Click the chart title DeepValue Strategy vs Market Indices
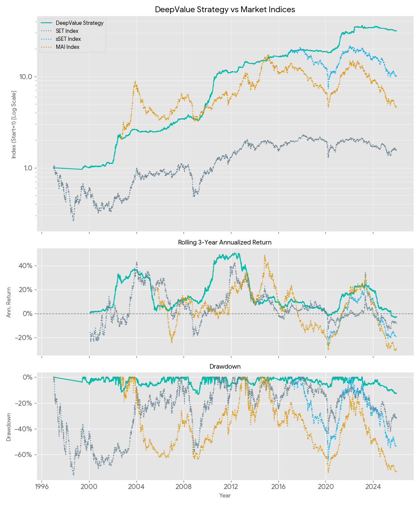tap(225, 9)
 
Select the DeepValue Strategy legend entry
tap(79, 23)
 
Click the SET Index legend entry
tap(67, 31)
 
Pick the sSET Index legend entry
tap(68, 39)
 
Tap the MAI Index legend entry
tap(67, 47)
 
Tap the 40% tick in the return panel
tap(26, 266)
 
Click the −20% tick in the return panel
tap(24, 338)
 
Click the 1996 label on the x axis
tap(42, 488)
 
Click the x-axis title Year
tap(225, 496)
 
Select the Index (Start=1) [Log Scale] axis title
tap(14, 125)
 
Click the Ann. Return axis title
tap(9, 302)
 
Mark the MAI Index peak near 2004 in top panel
tap(135, 82)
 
